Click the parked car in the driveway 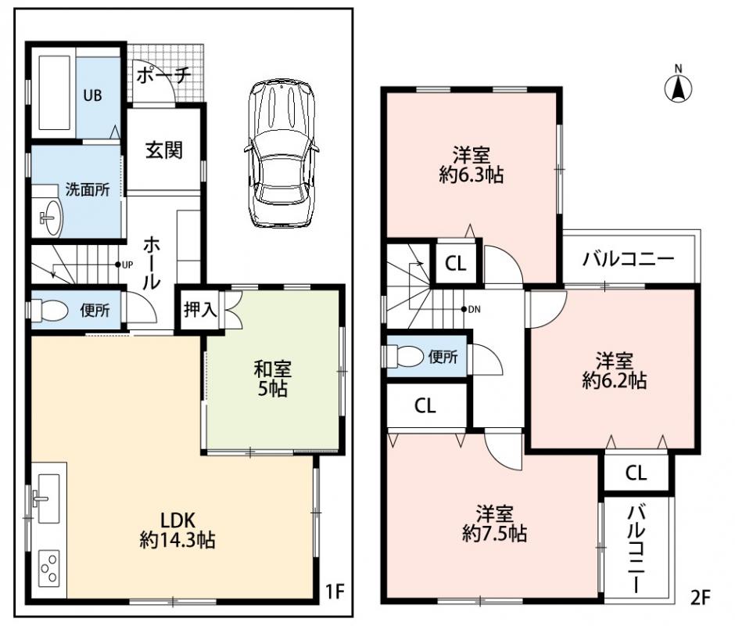(281, 154)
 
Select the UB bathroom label (92, 95)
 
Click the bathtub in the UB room (55, 93)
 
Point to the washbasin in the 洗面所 (51, 218)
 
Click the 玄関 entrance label (163, 150)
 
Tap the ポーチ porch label (163, 74)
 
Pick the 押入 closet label (200, 309)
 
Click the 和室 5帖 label (272, 379)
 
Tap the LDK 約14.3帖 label (177, 530)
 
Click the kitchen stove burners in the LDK (49, 567)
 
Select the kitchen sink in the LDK (48, 498)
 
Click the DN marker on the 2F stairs (471, 309)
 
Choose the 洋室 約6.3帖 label (471, 165)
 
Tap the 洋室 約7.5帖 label (494, 523)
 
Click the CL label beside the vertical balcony (636, 473)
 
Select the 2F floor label (701, 598)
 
